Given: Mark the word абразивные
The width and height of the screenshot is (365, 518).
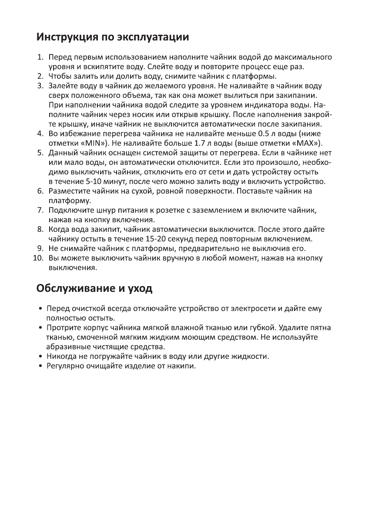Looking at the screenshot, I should [67, 347].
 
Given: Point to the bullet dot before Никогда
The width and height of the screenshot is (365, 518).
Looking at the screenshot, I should [40, 356].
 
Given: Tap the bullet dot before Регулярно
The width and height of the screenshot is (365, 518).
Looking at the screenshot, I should [40, 366].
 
